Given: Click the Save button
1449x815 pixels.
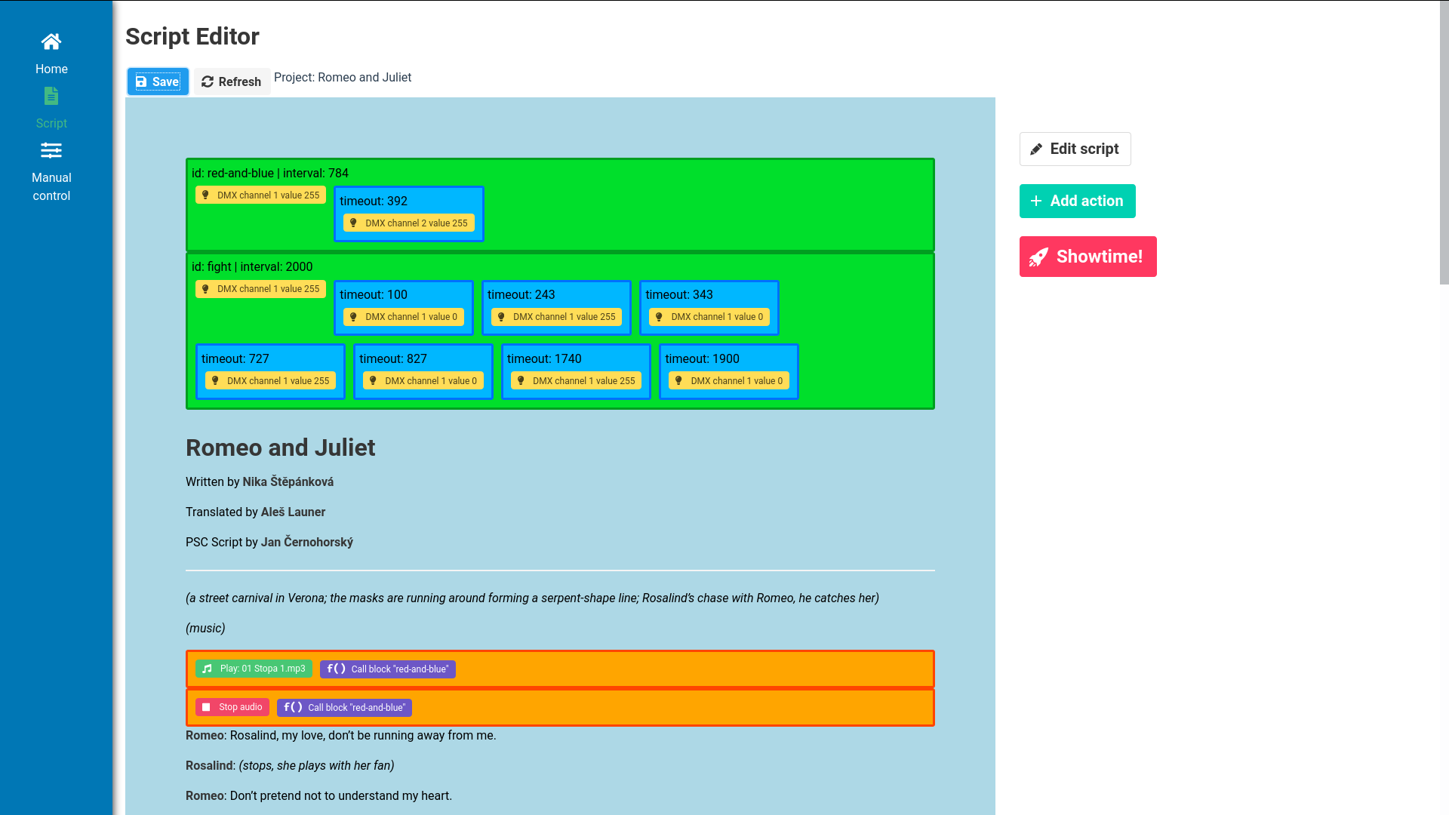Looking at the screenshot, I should point(158,81).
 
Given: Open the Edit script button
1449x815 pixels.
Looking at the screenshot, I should point(1075,149).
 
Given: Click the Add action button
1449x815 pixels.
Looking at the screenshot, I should point(1077,201).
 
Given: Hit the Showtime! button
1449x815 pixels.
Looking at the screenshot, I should point(1088,257).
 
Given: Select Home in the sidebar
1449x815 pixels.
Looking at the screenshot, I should point(51,54).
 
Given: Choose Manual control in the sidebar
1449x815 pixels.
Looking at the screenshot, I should point(51,171).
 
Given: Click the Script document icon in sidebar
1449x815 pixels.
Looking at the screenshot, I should point(51,97).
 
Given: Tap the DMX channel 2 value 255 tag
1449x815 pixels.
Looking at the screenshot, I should point(409,223).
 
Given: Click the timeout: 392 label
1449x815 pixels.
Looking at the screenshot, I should point(374,201).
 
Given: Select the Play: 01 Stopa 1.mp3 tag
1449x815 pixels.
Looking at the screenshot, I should point(254,669).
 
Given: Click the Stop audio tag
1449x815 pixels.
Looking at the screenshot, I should point(232,707).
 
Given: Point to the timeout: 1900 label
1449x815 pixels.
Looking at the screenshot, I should point(702,358).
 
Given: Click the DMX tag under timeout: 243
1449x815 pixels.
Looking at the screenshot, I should point(556,317).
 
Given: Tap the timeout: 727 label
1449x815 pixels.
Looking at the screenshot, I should point(235,358).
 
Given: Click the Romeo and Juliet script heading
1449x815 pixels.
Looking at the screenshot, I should point(280,447).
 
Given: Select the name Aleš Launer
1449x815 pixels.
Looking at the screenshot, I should point(293,512).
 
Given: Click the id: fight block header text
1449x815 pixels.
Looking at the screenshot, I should point(252,266).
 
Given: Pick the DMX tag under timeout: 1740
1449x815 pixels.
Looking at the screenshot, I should point(576,381).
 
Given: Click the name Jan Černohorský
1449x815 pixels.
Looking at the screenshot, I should point(306,542).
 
